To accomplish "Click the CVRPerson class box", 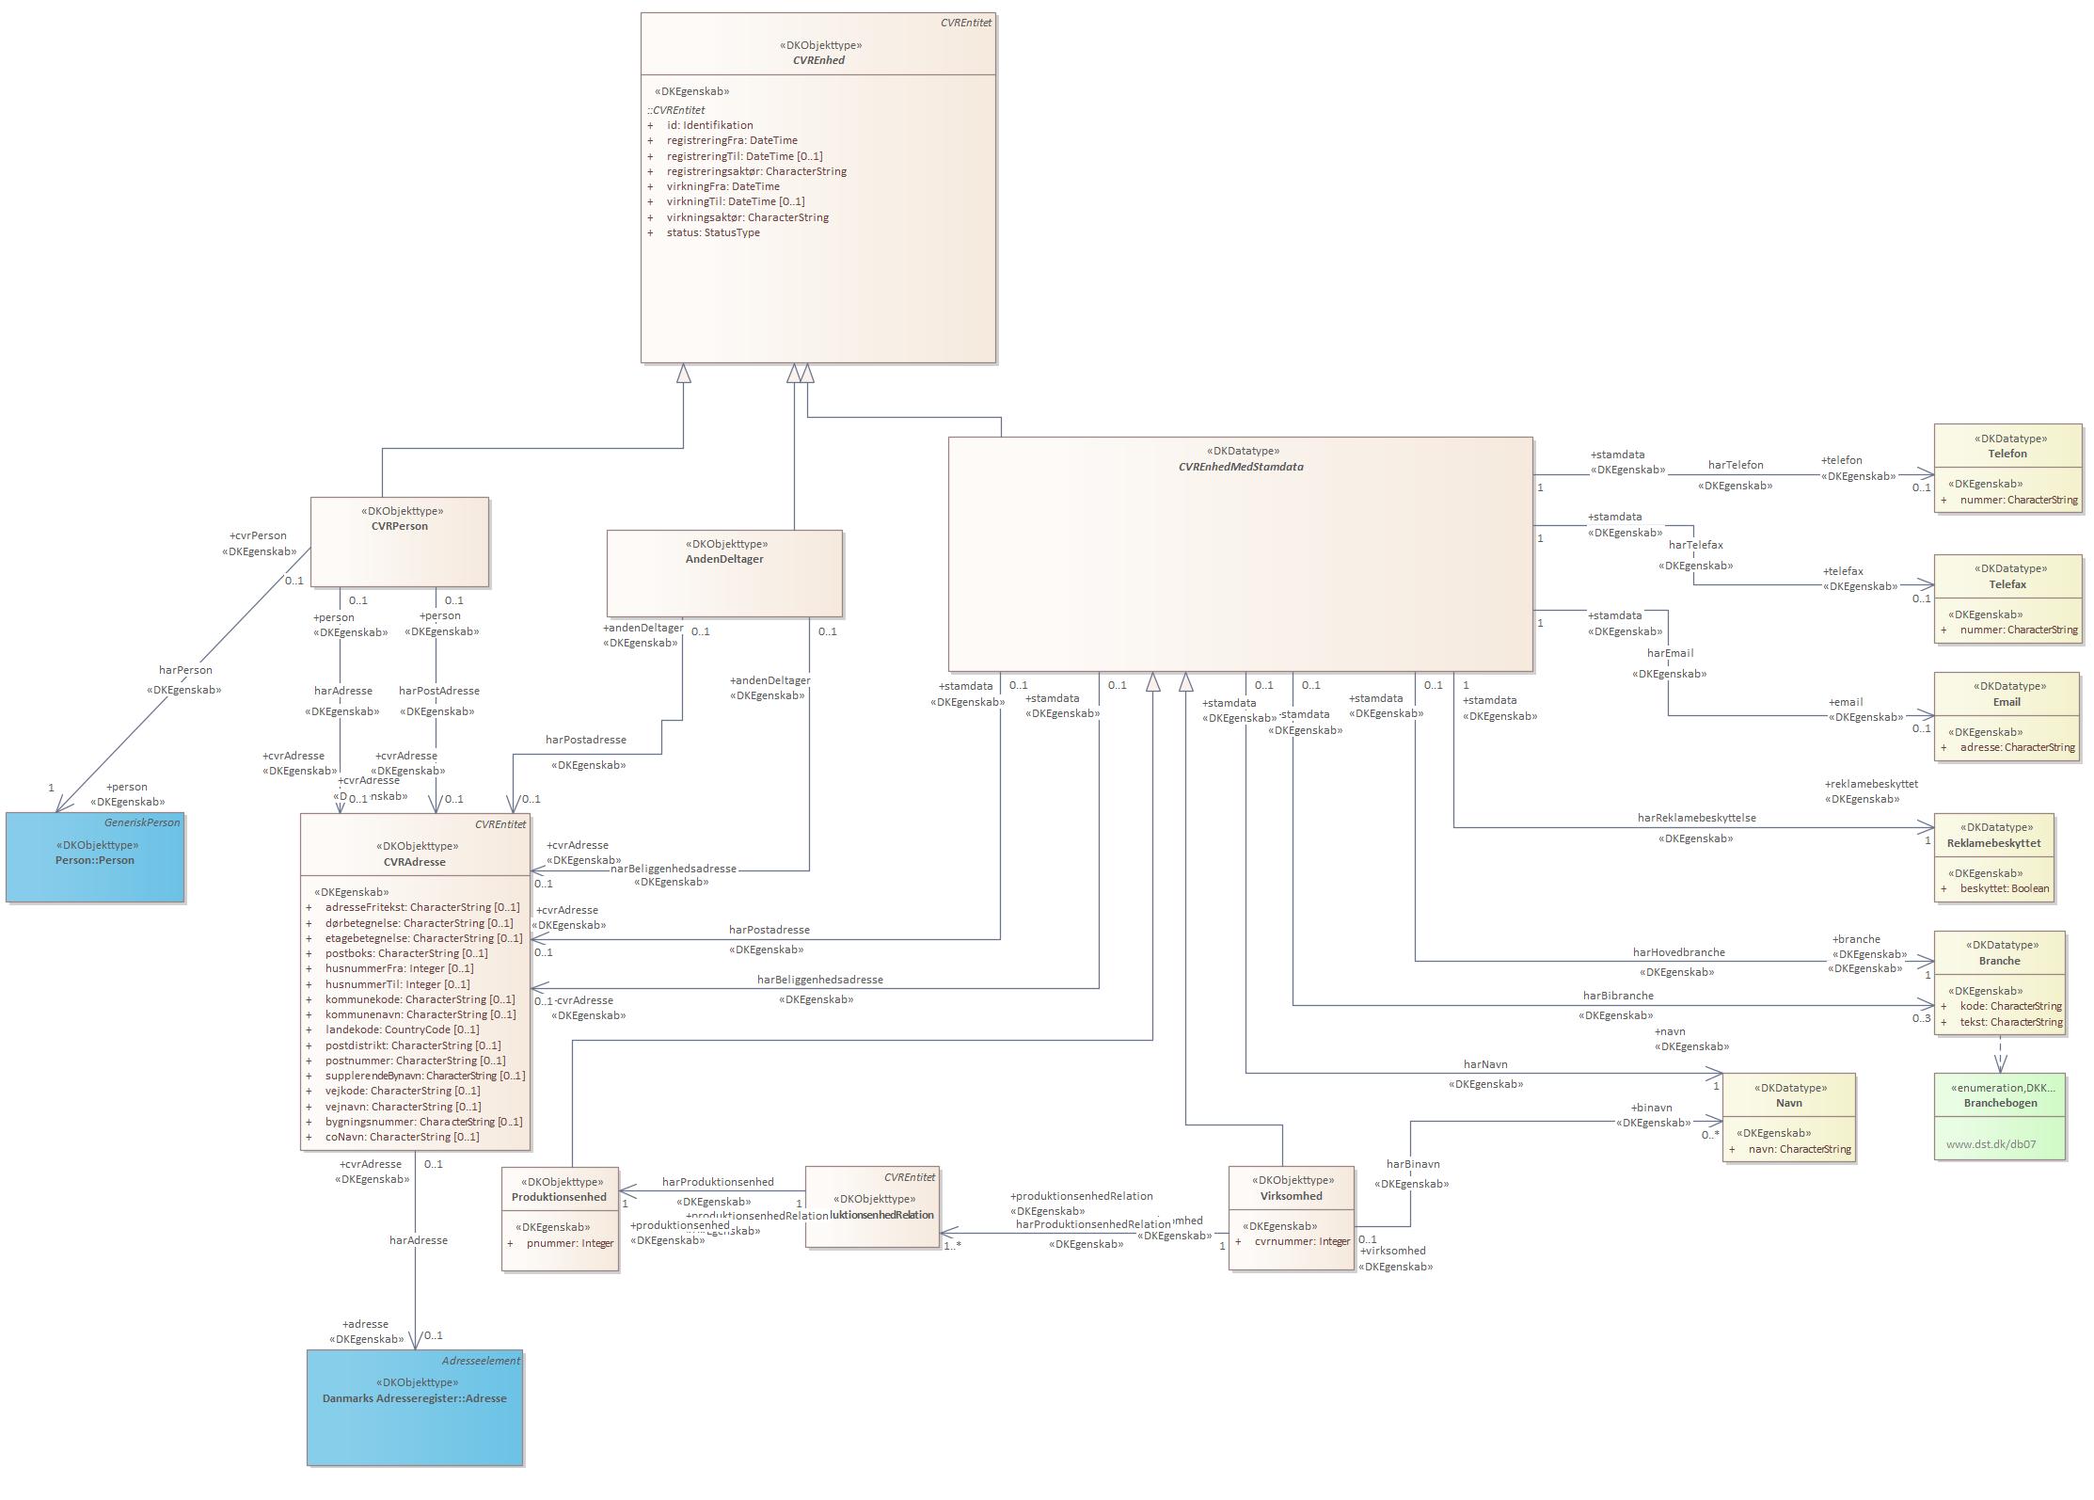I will click(399, 541).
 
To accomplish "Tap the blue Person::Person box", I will click(95, 857).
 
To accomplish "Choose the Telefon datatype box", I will click(2007, 468).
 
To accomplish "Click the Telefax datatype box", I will click(2007, 598).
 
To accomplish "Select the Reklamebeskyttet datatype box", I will click(1993, 857).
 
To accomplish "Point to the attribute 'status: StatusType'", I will click(712, 232).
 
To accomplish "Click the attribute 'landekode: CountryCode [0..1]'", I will click(402, 1029).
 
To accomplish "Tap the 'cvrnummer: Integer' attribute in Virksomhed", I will click(1301, 1241).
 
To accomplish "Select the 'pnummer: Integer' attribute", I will click(569, 1243).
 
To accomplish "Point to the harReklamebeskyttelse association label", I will click(1696, 818).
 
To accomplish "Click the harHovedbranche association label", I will click(1678, 952).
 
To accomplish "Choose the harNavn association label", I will click(1485, 1064).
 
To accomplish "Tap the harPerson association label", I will click(185, 670).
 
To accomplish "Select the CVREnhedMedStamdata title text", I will click(1240, 467).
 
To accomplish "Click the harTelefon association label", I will click(1735, 465).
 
